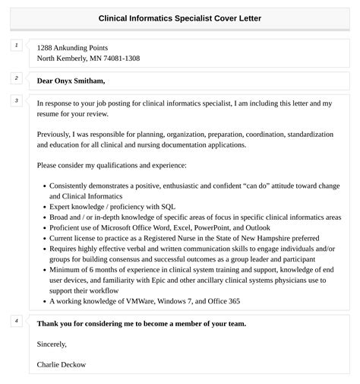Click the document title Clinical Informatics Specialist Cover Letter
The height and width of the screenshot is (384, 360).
[x=180, y=18]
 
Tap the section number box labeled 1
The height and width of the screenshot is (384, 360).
[x=16, y=46]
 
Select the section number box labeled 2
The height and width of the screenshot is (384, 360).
[x=16, y=78]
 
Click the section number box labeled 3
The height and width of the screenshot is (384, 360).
[x=16, y=100]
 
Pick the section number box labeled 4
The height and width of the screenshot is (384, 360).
[x=16, y=321]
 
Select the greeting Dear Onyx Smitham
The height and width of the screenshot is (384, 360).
[x=71, y=81]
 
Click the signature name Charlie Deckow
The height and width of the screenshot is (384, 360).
[x=62, y=364]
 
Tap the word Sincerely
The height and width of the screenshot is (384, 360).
[x=53, y=344]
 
